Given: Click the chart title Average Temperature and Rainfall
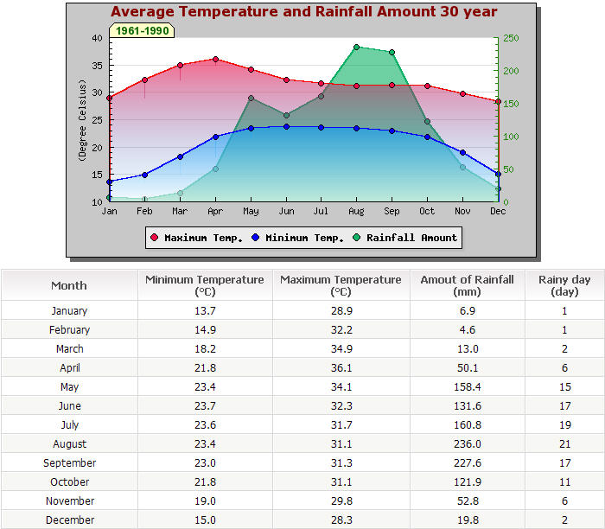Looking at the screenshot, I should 303,12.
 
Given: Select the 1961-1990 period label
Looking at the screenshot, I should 142,30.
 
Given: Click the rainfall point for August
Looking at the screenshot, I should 356,48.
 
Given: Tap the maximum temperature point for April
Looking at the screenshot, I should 215,60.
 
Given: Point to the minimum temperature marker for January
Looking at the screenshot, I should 109,182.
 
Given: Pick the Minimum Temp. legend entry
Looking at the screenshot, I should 299,238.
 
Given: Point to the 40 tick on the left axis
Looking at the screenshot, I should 96,38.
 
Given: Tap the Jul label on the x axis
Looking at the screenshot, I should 321,211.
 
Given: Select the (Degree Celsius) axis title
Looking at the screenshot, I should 83,120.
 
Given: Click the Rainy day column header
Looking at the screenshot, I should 564,285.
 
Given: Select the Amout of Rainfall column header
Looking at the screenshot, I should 467,285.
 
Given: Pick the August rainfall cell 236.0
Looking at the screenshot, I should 467,444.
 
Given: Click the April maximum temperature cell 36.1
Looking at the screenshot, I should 341,368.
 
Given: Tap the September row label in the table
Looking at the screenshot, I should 69,463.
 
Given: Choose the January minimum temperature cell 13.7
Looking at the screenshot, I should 205,311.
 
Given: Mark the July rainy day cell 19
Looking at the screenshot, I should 564,425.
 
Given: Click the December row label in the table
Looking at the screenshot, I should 69,520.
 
